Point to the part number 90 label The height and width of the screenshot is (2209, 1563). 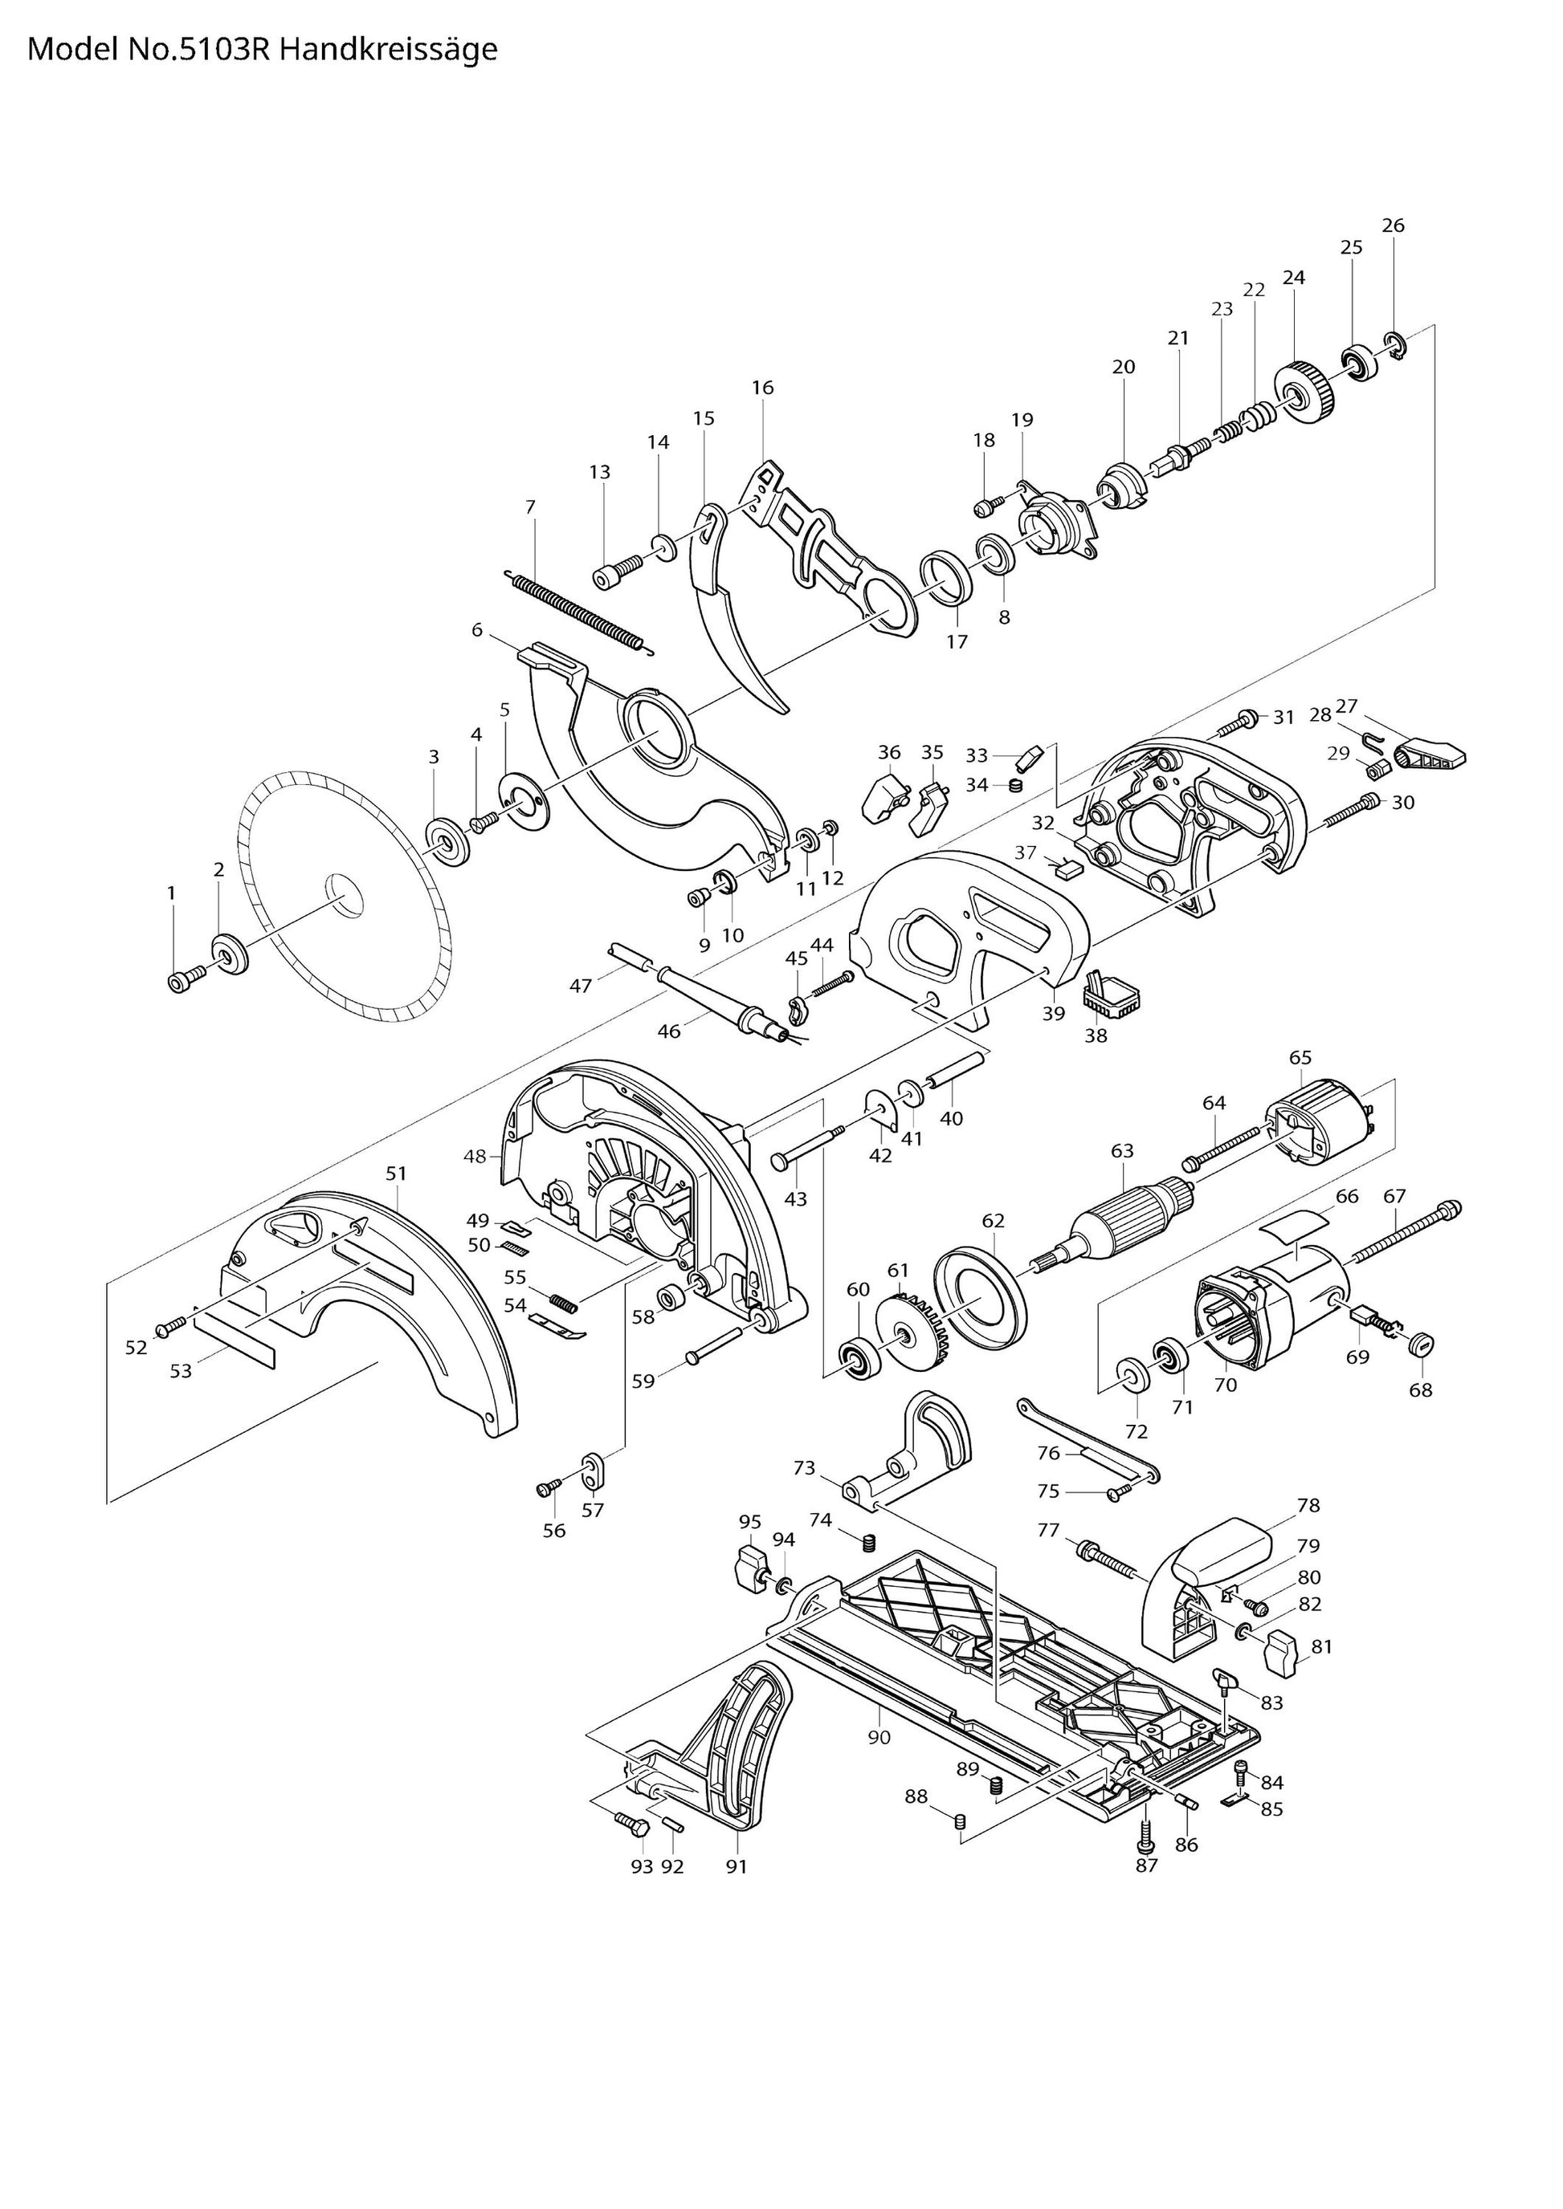pos(879,1738)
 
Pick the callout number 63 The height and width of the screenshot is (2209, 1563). pos(1122,1151)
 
